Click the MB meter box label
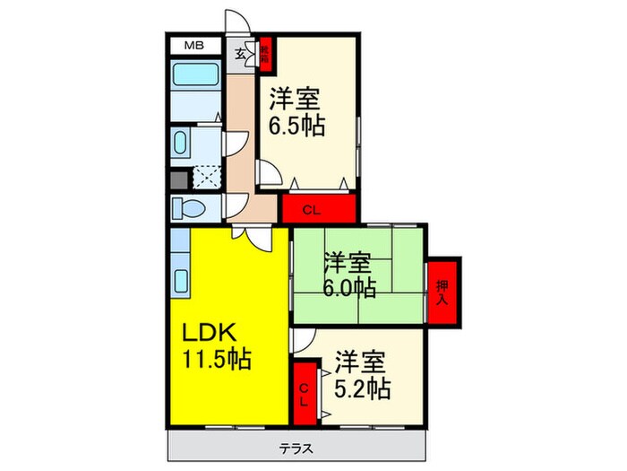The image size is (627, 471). (193, 45)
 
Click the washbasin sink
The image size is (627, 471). (181, 143)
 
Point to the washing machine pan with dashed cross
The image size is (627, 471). (206, 178)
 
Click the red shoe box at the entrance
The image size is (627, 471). (266, 54)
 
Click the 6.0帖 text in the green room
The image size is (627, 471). (349, 288)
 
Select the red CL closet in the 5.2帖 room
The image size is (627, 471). (305, 389)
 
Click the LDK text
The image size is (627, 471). (210, 332)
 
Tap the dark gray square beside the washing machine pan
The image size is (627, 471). (178, 178)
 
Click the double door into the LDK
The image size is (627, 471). (250, 236)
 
